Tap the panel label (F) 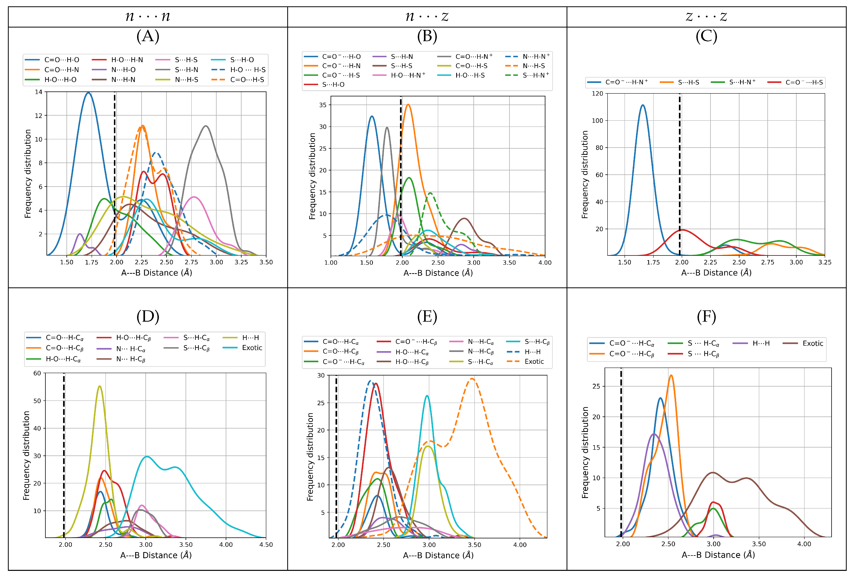(x=706, y=317)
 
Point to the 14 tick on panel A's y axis (x=39, y=92)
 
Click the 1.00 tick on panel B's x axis (x=331, y=263)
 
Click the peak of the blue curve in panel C (x=643, y=106)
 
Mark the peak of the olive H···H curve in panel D (x=100, y=386)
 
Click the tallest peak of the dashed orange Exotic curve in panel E (x=472, y=379)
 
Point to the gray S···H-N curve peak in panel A (x=206, y=126)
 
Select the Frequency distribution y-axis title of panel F (x=585, y=452)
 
